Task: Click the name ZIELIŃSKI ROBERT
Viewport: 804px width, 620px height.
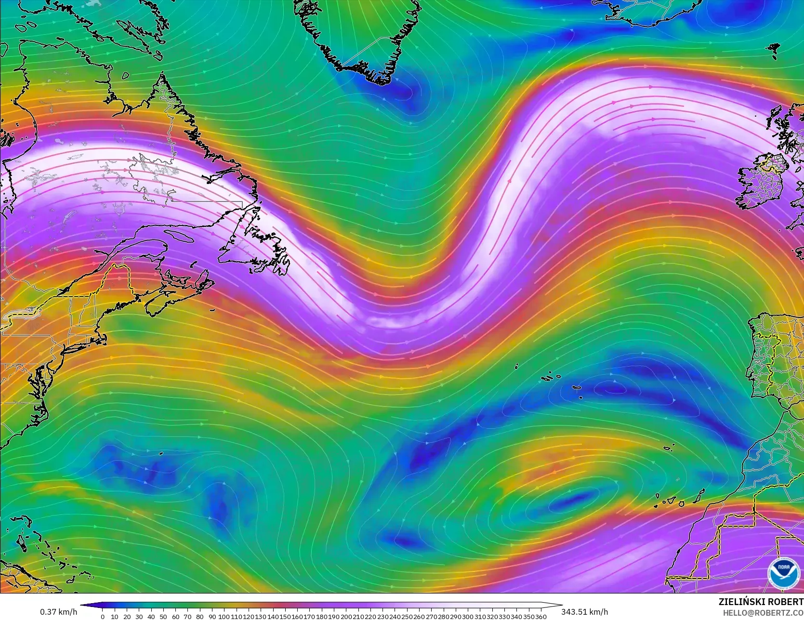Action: (761, 602)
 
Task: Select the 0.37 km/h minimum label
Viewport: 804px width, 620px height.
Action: (58, 612)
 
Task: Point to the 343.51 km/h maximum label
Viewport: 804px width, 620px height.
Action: (584, 612)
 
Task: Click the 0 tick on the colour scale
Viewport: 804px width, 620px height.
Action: (103, 617)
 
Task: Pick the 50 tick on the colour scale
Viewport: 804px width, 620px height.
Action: (163, 617)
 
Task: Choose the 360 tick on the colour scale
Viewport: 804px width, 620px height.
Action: (540, 617)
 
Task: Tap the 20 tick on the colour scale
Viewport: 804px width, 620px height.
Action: (127, 617)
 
